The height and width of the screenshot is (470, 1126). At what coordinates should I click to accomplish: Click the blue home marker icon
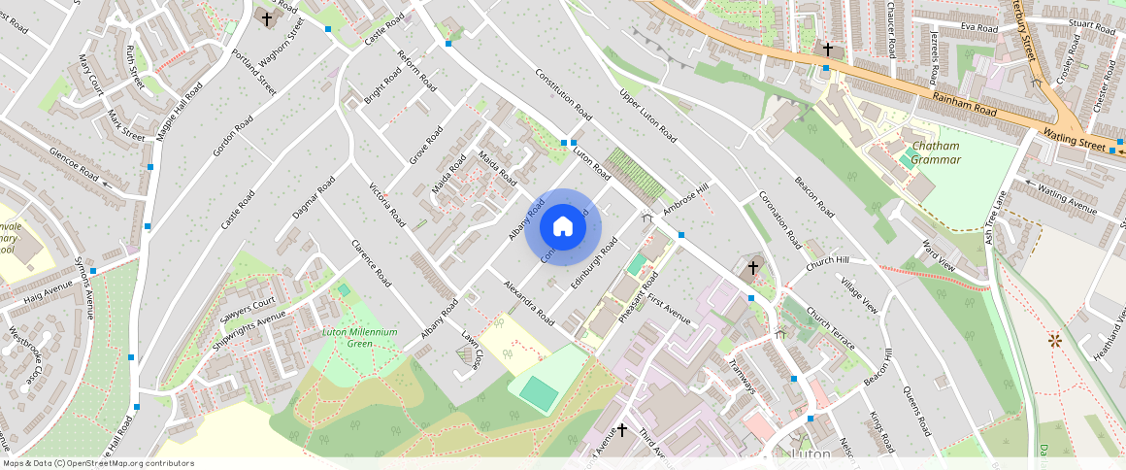[x=563, y=227]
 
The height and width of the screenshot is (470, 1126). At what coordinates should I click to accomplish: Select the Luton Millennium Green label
[x=359, y=338]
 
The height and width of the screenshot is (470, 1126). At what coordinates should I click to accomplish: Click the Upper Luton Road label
[x=647, y=116]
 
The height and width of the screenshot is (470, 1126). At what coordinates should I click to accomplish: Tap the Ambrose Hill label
[x=686, y=198]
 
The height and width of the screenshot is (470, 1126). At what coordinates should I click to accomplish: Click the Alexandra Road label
[x=528, y=302]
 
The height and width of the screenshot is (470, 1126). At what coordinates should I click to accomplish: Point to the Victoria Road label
[x=385, y=204]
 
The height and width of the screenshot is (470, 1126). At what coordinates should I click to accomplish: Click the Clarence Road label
[x=371, y=263]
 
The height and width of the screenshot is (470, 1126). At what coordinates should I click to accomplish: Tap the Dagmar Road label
[x=314, y=197]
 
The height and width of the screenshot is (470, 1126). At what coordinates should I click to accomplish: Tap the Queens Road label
[x=917, y=408]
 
